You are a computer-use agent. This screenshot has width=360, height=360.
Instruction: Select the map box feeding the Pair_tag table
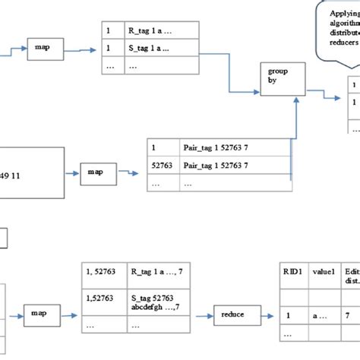coord(98,171)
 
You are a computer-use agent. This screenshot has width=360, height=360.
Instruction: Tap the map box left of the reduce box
coord(46,311)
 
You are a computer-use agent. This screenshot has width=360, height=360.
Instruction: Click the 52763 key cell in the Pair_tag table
coord(160,166)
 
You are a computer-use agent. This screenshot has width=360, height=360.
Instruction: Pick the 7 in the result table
coord(348,313)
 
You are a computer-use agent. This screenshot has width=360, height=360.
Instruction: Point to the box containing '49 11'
coord(30,173)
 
